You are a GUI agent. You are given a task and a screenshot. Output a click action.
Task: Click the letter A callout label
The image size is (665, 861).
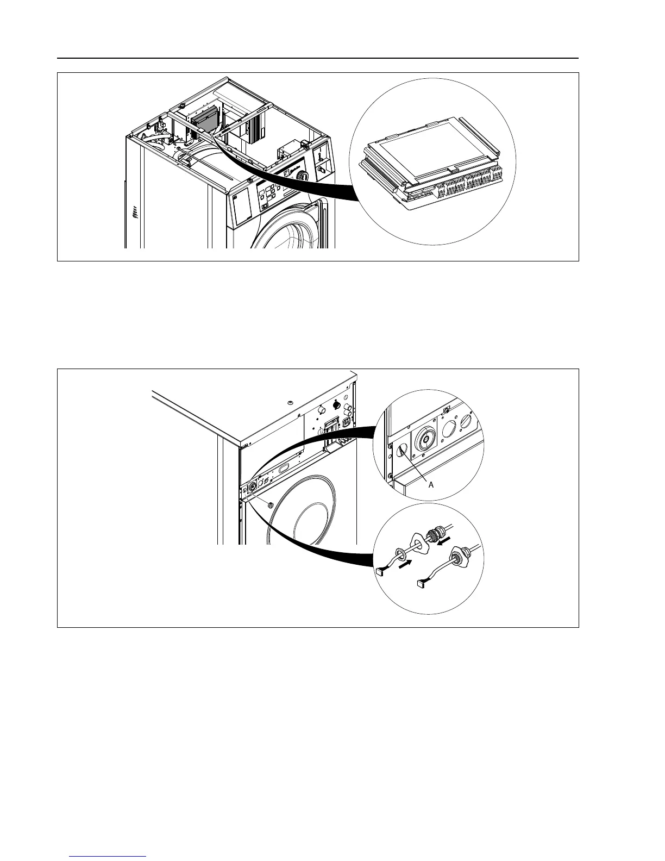point(431,484)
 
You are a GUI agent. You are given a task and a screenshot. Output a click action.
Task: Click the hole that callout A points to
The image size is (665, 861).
point(401,450)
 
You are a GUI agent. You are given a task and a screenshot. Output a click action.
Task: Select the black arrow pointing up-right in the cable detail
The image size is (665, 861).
point(404,565)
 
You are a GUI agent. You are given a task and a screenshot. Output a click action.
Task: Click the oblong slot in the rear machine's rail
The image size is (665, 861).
point(284,467)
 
